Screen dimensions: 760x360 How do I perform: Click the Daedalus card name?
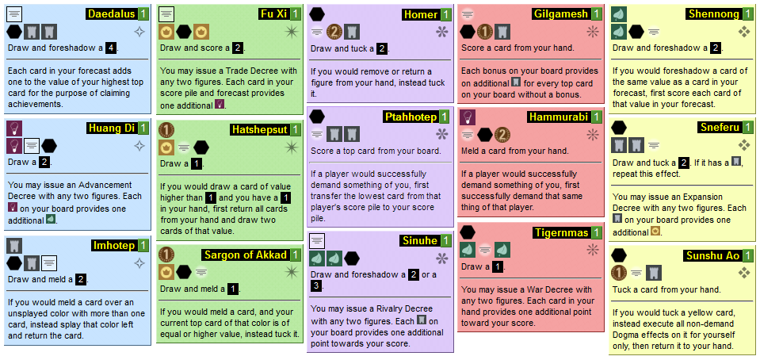(110, 14)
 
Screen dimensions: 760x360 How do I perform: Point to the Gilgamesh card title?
(561, 14)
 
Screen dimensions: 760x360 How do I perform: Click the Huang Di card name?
(111, 128)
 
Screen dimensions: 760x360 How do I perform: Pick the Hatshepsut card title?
(260, 128)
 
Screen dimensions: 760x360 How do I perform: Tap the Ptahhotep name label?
(411, 117)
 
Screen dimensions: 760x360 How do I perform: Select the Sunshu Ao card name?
(712, 256)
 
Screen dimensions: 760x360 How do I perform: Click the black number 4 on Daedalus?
(111, 48)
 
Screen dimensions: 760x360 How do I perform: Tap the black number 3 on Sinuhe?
(316, 285)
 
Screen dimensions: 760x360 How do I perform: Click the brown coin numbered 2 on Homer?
(335, 32)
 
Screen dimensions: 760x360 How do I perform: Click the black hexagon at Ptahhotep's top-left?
(317, 117)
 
